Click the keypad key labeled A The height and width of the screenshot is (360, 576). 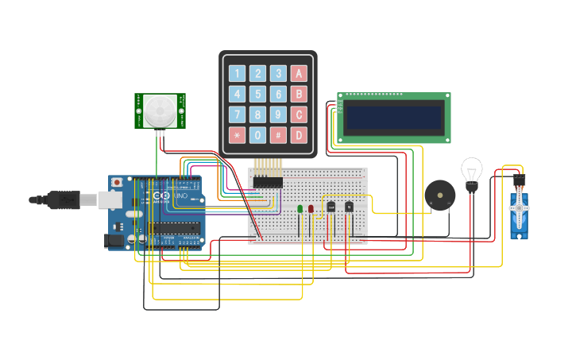pos(299,74)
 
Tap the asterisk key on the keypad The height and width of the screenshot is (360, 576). pos(237,135)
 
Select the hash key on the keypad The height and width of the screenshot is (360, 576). pos(278,135)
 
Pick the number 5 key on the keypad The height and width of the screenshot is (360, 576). pos(257,95)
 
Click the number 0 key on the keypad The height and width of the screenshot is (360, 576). pos(257,135)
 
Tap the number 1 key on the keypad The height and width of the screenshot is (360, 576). pos(237,74)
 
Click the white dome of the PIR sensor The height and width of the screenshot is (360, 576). pos(160,110)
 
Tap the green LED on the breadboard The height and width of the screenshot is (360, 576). pos(300,209)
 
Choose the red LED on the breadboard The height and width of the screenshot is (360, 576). pos(311,209)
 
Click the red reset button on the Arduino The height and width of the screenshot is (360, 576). pos(118,182)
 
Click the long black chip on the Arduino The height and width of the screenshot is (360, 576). pos(174,229)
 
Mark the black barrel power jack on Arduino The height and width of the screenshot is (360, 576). pos(114,239)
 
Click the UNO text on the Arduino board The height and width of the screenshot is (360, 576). pos(180,196)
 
